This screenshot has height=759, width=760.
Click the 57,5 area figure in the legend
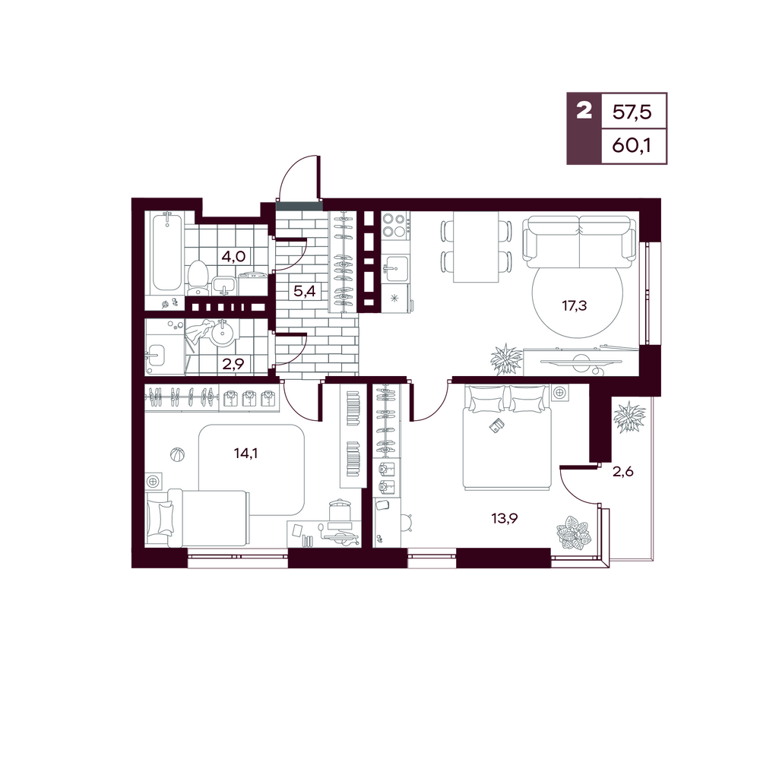632,112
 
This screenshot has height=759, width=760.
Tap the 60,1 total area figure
632,145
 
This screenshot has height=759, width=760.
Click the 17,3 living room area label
575,306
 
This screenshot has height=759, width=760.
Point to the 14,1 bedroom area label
245,453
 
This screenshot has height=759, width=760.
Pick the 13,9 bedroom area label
505,518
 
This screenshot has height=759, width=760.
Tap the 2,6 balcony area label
623,472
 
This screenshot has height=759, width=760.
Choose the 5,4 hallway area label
305,291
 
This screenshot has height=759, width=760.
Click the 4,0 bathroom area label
233,256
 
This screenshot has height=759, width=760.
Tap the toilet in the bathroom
198,278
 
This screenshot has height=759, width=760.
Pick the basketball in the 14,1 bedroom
177,454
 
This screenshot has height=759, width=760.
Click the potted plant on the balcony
629,417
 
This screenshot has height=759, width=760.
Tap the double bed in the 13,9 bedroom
507,437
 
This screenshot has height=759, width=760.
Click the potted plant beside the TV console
507,359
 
